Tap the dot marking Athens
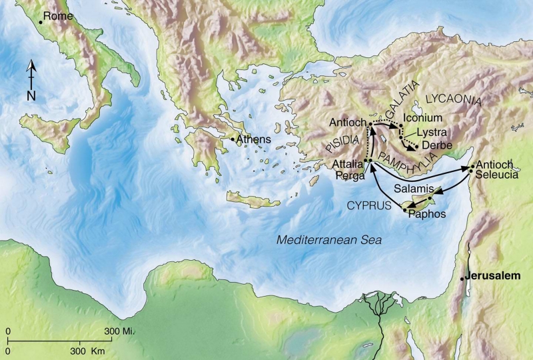(232, 139)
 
